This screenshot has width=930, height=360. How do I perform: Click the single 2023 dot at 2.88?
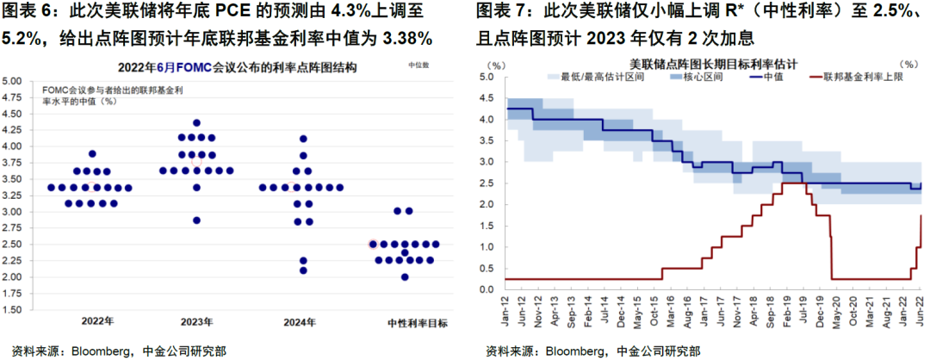point(196,220)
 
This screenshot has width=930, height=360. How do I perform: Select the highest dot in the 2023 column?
point(196,123)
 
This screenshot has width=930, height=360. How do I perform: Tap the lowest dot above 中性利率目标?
point(405,276)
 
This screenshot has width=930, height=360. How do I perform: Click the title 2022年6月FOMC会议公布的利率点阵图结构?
point(224,66)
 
